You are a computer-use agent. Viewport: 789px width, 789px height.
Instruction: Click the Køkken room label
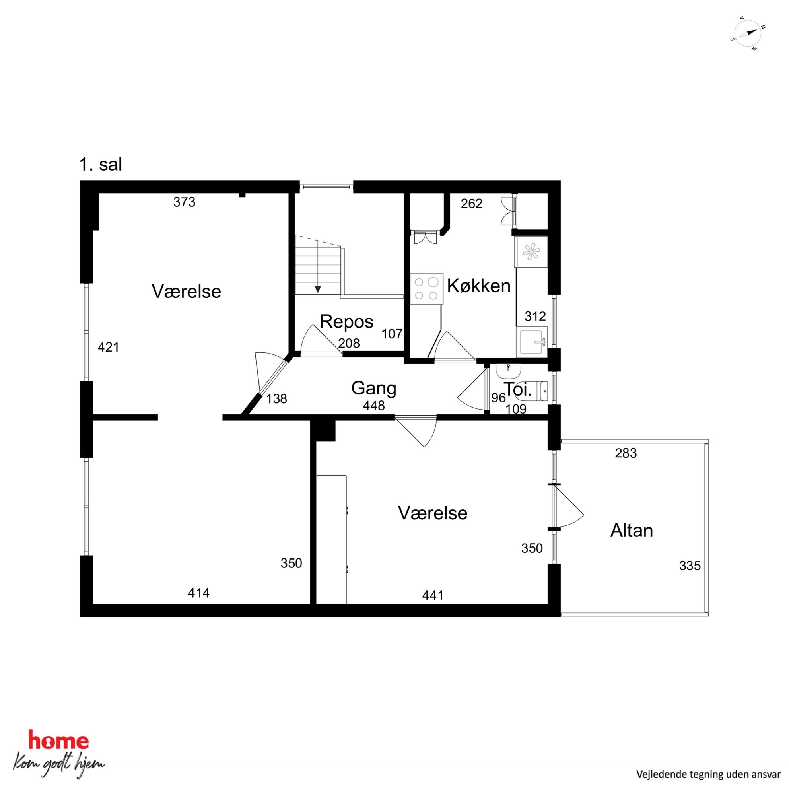(479, 286)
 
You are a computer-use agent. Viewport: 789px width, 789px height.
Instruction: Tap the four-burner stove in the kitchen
(427, 289)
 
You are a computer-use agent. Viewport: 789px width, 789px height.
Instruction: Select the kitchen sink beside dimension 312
(532, 342)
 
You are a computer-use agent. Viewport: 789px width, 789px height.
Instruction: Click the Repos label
(346, 322)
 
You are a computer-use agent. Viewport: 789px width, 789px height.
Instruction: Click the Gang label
(374, 389)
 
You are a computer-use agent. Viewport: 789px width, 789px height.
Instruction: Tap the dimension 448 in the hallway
(374, 406)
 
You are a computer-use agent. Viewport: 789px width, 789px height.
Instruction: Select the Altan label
(632, 531)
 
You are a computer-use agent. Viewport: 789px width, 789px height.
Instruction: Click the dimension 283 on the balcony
(626, 453)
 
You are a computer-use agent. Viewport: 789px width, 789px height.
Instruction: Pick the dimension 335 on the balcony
(690, 566)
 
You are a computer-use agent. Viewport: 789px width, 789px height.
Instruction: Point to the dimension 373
(184, 202)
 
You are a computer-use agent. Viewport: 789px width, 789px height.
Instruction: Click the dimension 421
(108, 347)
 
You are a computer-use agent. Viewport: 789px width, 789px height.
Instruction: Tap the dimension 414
(198, 593)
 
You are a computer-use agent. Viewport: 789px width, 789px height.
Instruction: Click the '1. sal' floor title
(101, 165)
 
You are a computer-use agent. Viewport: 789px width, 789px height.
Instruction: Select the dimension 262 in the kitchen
(472, 204)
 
